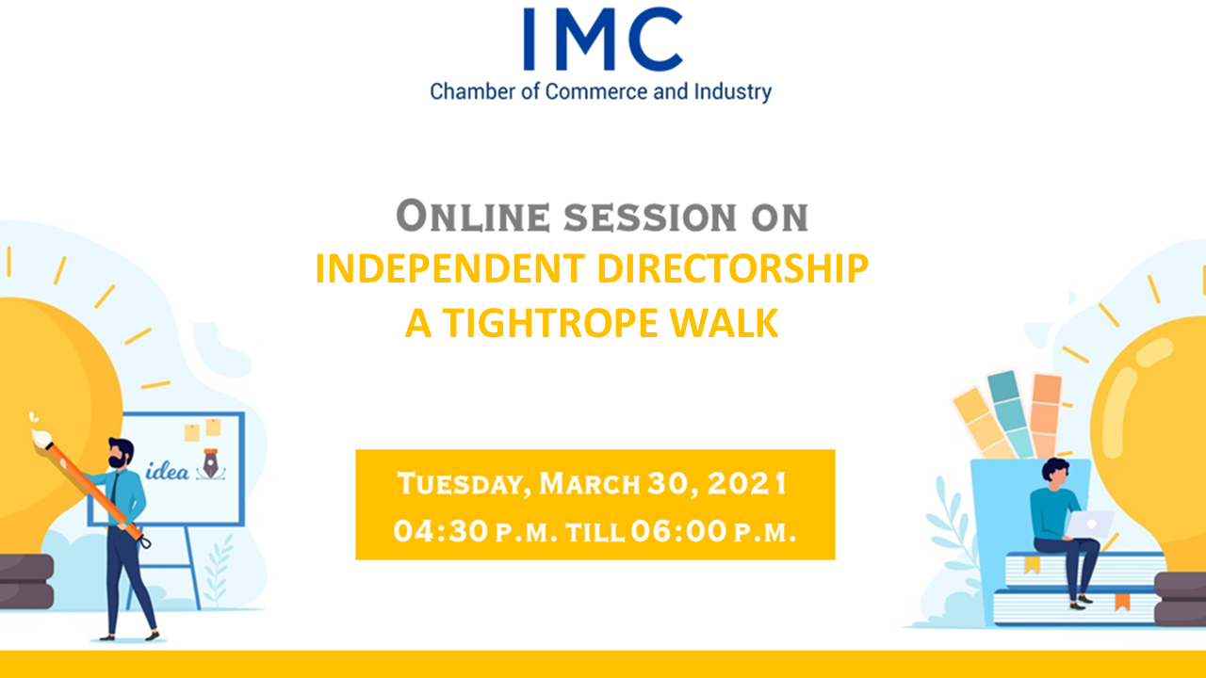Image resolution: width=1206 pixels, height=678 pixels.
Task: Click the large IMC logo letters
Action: tap(604, 39)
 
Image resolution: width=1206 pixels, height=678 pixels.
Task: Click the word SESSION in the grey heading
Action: tap(650, 217)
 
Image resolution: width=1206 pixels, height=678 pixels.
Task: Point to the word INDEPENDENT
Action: tap(450, 268)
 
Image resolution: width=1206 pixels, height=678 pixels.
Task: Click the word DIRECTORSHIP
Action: tap(733, 268)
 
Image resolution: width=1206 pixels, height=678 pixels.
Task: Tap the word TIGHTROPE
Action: tap(551, 323)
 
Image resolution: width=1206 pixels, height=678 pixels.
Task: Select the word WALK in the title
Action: tap(725, 323)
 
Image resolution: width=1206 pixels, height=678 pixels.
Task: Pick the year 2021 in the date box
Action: tap(747, 483)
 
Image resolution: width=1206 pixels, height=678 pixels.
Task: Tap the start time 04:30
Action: tap(441, 531)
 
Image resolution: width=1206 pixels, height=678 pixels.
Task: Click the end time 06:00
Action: tap(679, 531)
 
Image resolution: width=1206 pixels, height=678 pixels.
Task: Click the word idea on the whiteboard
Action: tap(168, 472)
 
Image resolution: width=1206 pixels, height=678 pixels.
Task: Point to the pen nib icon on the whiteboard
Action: tap(210, 464)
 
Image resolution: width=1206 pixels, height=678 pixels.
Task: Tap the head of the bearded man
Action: tap(121, 453)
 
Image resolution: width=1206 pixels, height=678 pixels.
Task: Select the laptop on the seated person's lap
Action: tap(1088, 525)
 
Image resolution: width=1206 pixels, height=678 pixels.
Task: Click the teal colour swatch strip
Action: tap(1011, 414)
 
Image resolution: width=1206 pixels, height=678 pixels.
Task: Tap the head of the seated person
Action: tap(1056, 474)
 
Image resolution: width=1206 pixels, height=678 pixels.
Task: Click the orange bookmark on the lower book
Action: tap(1122, 602)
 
